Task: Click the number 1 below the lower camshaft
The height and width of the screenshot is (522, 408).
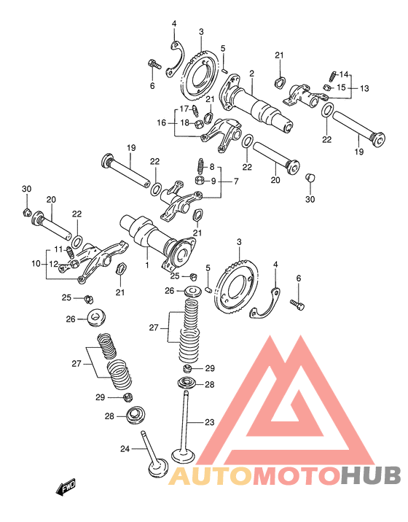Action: pyautogui.click(x=146, y=265)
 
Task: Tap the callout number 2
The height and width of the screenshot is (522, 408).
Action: pyautogui.click(x=252, y=73)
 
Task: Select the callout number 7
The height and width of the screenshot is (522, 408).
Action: pyautogui.click(x=235, y=182)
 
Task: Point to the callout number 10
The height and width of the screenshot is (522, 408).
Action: pyautogui.click(x=36, y=264)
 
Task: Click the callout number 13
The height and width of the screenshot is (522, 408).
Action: pyautogui.click(x=364, y=88)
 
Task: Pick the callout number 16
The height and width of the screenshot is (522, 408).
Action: pyautogui.click(x=162, y=122)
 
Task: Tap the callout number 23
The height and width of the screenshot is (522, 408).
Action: pyautogui.click(x=209, y=422)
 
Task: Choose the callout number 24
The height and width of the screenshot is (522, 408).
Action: pyautogui.click(x=125, y=449)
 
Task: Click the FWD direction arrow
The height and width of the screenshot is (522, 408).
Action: pyautogui.click(x=66, y=487)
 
